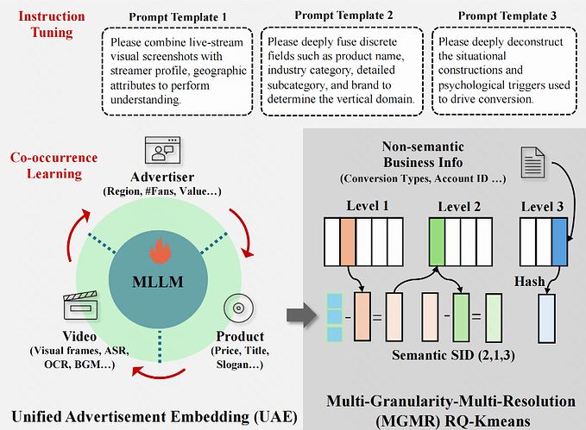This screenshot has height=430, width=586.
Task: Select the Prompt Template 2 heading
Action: pyautogui.click(x=343, y=16)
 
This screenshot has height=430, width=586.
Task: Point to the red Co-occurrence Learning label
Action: pyautogui.click(x=54, y=165)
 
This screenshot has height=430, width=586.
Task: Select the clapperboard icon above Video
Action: pyautogui.click(x=77, y=308)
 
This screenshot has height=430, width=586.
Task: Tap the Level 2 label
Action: pyautogui.click(x=459, y=206)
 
